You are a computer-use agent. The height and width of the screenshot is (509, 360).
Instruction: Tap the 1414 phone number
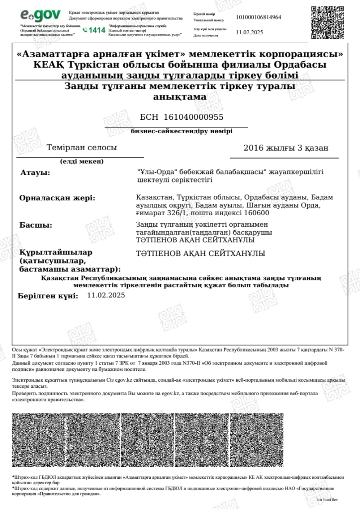[94, 30]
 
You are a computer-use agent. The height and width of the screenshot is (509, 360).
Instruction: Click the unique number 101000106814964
[259, 17]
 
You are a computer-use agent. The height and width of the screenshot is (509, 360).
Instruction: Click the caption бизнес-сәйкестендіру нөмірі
[181, 132]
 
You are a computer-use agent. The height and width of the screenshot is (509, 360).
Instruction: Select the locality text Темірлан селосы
[82, 148]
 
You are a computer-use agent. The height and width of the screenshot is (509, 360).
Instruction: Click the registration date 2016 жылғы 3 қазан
[286, 148]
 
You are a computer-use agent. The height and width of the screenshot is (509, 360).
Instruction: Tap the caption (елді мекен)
[82, 161]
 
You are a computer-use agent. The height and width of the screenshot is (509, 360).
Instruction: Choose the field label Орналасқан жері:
[57, 198]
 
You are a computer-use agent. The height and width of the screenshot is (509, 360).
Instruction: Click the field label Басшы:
[36, 225]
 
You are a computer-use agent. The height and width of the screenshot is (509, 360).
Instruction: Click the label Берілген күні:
[48, 296]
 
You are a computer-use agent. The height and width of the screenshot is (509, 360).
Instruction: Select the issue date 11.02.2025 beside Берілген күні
[106, 295]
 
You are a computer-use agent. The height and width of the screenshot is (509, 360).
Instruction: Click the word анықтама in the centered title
[180, 97]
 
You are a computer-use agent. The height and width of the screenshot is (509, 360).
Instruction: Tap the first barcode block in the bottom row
[38, 440]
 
